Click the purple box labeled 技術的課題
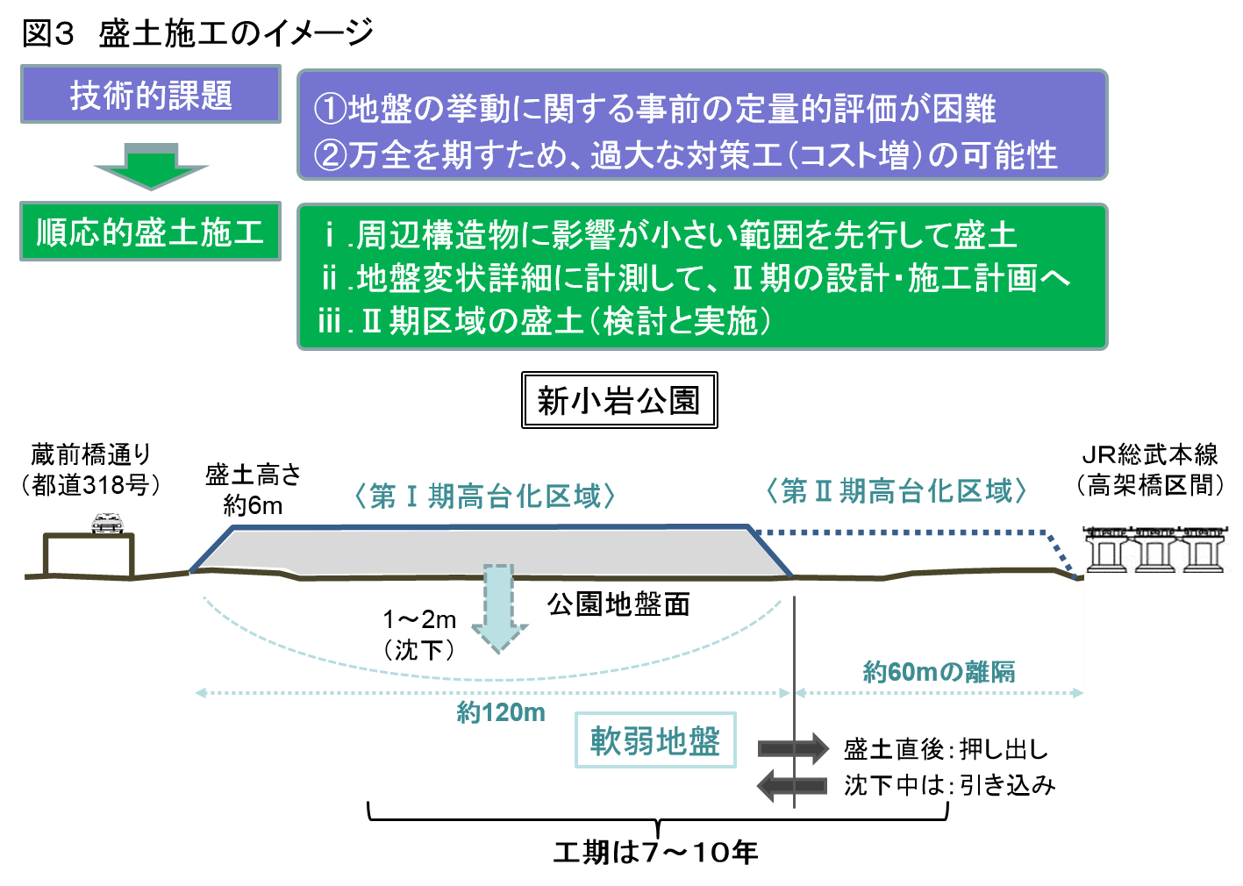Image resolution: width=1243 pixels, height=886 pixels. tap(150, 94)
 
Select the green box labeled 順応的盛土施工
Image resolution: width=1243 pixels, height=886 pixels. tap(150, 232)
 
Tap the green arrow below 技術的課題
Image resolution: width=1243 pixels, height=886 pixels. tap(151, 165)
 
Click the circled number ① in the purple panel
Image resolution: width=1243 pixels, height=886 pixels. tap(330, 110)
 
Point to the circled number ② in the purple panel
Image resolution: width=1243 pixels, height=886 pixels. tap(330, 155)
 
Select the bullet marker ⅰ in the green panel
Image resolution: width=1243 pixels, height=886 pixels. tap(330, 235)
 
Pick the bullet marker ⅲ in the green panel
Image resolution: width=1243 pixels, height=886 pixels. tap(330, 321)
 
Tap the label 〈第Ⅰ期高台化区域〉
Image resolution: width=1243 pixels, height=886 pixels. tap(485, 497)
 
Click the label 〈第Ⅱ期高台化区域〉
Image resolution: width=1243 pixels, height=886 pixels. tap(896, 490)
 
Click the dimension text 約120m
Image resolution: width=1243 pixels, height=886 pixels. tap(501, 712)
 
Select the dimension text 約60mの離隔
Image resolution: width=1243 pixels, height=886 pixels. tap(939, 672)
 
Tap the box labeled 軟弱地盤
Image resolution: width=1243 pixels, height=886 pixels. tap(654, 741)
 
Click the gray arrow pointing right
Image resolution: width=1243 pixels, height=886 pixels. tap(793, 748)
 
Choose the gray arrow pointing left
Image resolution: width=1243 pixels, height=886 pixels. tap(792, 785)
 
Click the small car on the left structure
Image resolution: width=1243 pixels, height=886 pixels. tap(107, 523)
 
